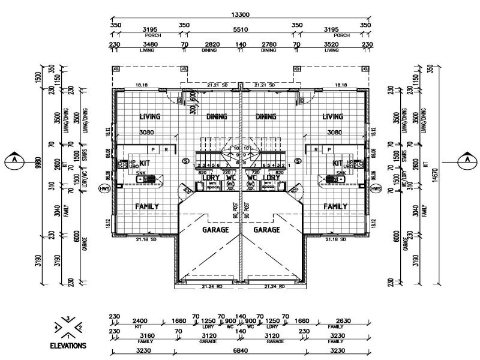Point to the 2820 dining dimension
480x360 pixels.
(209, 45)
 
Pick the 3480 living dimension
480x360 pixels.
(146, 45)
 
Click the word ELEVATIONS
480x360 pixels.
(68, 346)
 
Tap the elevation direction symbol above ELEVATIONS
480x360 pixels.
(68, 327)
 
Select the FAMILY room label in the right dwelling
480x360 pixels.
(335, 206)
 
